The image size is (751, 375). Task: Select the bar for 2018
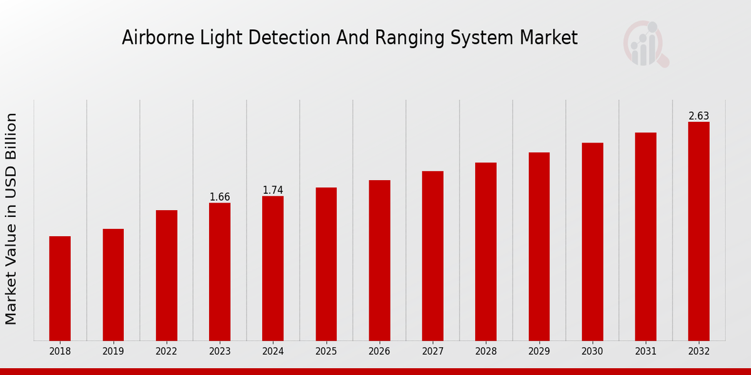[60, 288]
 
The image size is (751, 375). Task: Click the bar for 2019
[113, 284]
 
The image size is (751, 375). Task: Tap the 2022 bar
[166, 275]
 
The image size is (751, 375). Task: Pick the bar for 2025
[326, 264]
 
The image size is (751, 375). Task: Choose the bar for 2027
[432, 256]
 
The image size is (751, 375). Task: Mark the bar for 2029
[539, 246]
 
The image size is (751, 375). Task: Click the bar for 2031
[646, 236]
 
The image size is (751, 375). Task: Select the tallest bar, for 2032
[699, 231]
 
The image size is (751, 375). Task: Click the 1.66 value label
[220, 197]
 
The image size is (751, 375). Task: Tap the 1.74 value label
[273, 190]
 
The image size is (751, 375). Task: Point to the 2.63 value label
[699, 116]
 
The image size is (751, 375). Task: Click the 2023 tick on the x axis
[220, 352]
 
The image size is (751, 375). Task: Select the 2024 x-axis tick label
[273, 352]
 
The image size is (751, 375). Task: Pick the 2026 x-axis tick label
[379, 352]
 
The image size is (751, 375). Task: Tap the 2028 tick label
[486, 352]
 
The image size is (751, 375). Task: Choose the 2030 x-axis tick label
[592, 352]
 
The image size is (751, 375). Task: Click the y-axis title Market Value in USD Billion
[11, 219]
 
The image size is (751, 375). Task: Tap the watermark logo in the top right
[645, 44]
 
